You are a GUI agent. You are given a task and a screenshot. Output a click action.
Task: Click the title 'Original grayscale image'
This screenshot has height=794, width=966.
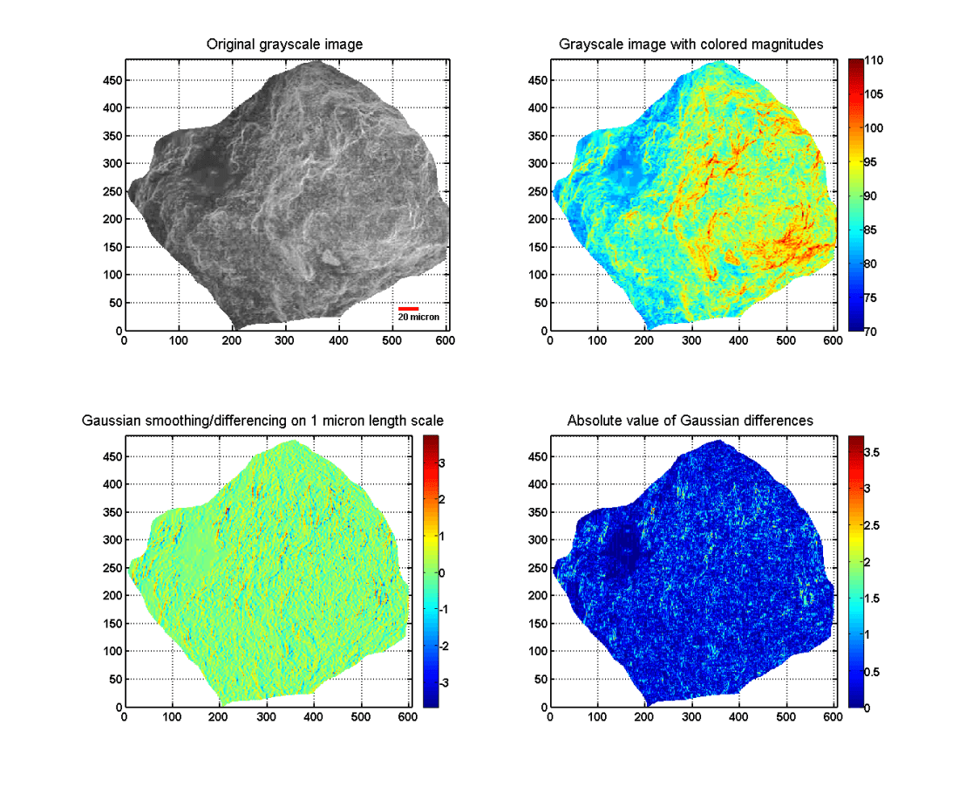click(284, 44)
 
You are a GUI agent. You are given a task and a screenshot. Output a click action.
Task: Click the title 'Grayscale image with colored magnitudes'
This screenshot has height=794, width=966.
click(690, 44)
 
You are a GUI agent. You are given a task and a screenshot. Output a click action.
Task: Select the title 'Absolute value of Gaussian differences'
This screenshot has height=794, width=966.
click(690, 421)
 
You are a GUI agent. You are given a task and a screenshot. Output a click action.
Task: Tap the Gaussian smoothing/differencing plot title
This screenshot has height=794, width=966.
click(262, 421)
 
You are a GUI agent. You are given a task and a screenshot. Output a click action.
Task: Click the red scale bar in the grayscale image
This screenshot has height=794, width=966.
click(408, 308)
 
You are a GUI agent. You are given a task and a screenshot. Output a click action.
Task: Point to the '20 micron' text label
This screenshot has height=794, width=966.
click(418, 318)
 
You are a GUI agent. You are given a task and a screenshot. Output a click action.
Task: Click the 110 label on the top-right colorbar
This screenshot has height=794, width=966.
click(877, 60)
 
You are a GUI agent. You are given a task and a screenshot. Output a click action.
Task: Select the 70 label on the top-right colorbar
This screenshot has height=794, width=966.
click(874, 332)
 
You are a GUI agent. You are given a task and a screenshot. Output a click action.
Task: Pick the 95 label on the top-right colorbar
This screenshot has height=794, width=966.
click(874, 162)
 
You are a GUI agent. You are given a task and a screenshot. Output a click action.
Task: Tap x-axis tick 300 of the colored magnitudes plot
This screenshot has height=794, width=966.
click(691, 342)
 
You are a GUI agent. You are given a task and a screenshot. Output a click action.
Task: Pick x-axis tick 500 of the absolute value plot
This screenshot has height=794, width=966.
click(787, 717)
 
